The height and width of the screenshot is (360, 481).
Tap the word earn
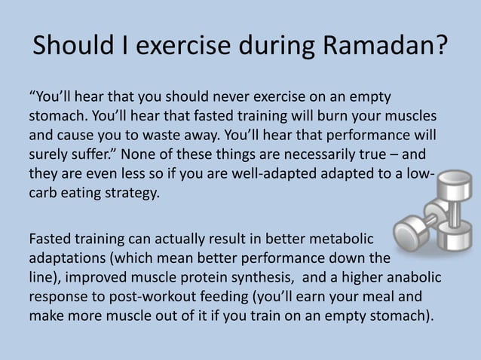click(x=329, y=297)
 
